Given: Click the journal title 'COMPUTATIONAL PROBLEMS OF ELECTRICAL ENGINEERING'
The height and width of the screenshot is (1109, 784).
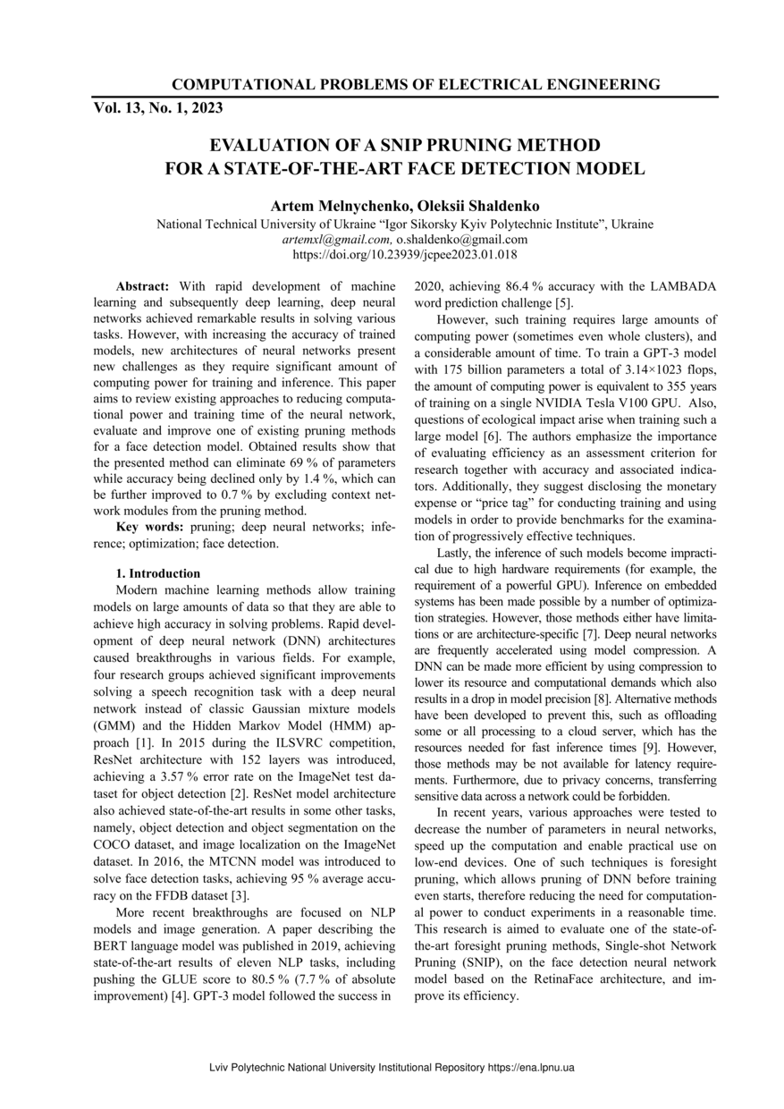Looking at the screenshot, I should [x=416, y=85].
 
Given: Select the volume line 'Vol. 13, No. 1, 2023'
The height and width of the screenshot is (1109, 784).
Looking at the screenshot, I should [x=158, y=108].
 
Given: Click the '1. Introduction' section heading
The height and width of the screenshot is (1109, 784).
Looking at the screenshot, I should [x=158, y=573].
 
